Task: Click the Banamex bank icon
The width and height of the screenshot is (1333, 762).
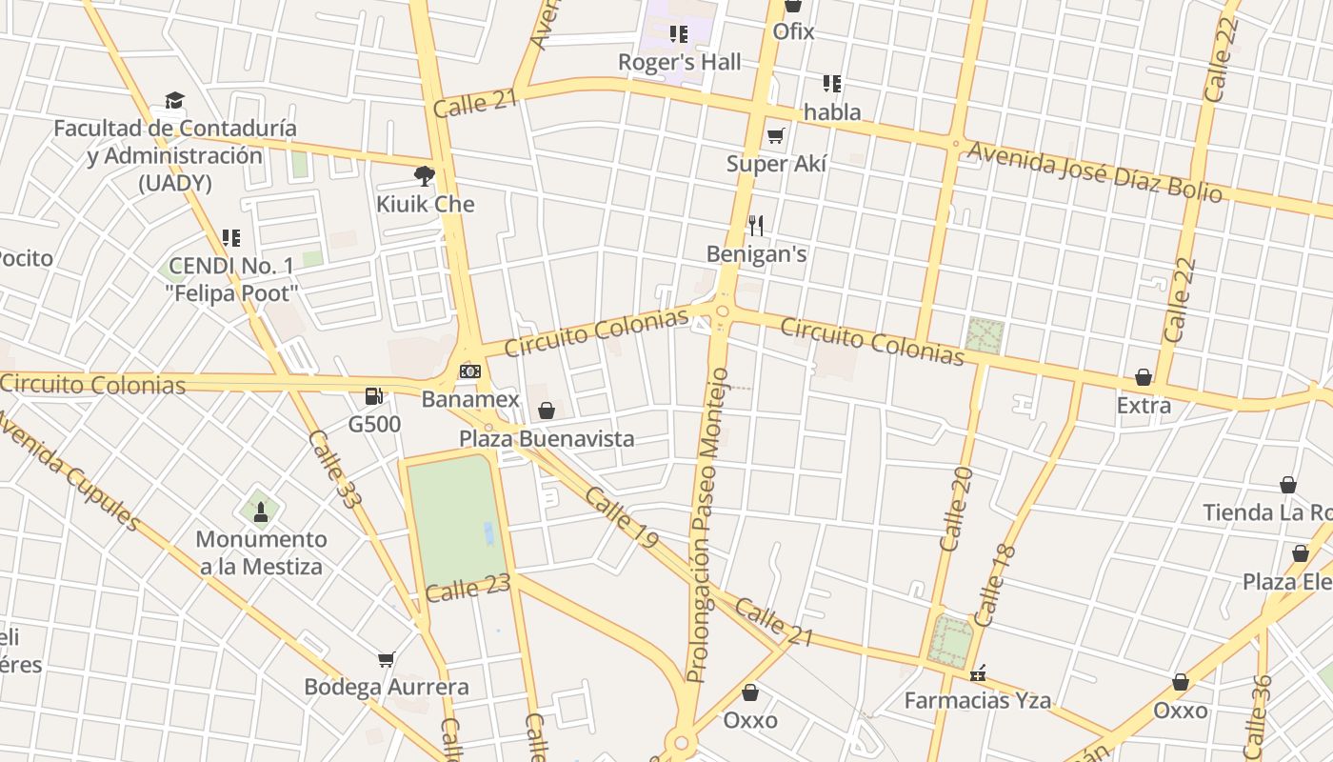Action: pos(469,371)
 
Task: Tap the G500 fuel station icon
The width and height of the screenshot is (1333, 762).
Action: pos(374,395)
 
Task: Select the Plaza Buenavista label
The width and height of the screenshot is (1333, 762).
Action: pos(547,439)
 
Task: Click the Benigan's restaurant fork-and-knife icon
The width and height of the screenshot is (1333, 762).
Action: pos(756,226)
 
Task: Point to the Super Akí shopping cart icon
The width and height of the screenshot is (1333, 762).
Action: pos(776,136)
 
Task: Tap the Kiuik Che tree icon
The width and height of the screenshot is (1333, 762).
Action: pos(425,175)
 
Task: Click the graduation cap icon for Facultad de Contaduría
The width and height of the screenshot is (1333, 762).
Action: pos(174,100)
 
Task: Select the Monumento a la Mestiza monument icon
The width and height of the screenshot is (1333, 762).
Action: pos(261,511)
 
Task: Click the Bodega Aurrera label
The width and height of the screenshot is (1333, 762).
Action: pos(387,687)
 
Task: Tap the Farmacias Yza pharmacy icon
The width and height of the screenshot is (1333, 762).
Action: pos(977,673)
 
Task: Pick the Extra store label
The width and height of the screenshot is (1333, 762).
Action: pos(1144,406)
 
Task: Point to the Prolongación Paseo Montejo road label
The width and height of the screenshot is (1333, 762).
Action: pos(708,526)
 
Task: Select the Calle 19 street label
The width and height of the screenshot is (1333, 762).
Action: pos(622,517)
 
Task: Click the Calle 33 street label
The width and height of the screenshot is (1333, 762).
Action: pos(331,468)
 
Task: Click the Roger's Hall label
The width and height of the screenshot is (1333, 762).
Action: pos(679,63)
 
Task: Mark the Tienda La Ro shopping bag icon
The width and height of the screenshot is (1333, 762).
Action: pos(1288,486)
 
